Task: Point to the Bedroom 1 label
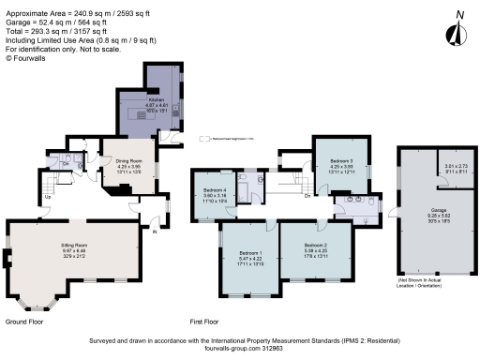248,253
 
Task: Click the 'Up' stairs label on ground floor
48,197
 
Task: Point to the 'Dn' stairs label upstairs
307,196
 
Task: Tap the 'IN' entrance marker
155,231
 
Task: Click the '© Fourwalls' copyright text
26,58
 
